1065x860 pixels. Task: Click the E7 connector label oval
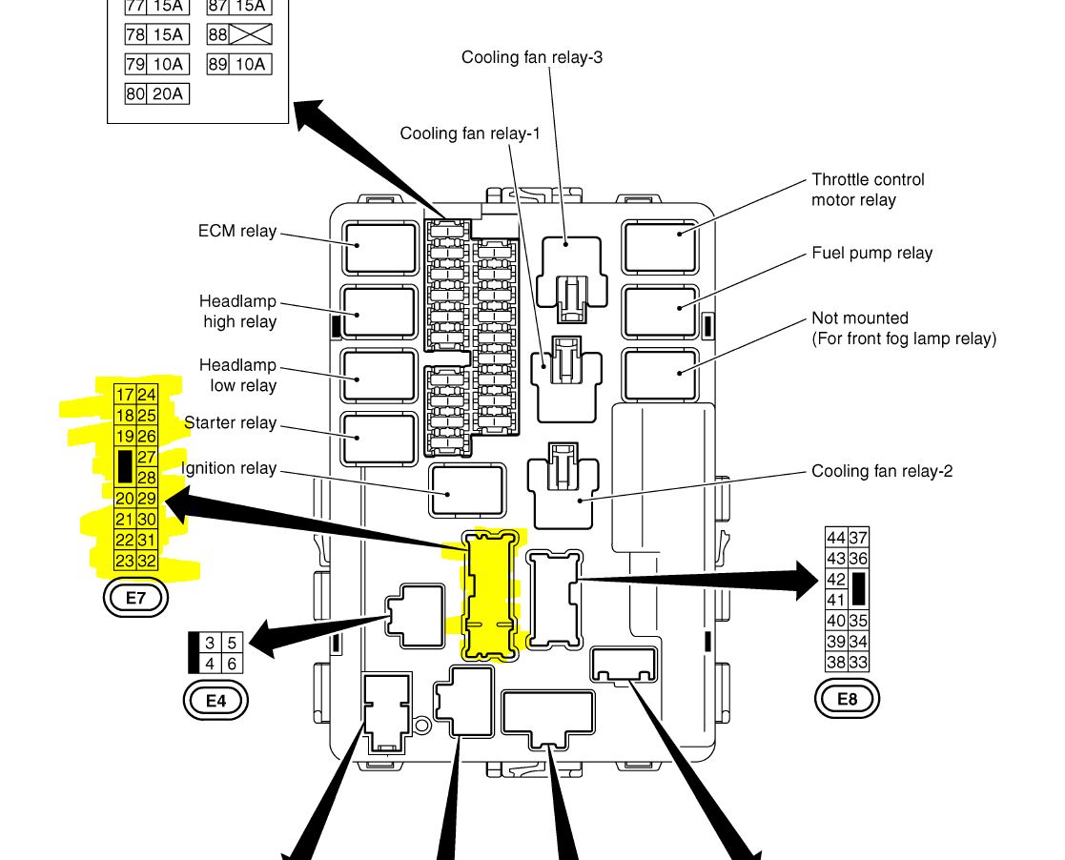click(134, 599)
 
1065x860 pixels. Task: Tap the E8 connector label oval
click(847, 699)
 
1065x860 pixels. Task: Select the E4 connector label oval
click(215, 701)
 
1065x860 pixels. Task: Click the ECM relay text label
click(237, 231)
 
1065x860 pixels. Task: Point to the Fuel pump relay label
click(871, 253)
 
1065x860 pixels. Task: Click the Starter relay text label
click(230, 422)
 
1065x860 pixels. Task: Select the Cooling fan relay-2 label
click(882, 471)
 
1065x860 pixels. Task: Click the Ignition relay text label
click(229, 468)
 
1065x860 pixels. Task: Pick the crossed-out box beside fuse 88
click(251, 34)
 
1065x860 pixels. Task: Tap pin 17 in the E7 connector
click(125, 395)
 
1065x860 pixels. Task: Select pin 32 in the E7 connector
click(147, 561)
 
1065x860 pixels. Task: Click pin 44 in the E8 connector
click(836, 538)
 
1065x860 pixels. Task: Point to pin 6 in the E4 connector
click(232, 664)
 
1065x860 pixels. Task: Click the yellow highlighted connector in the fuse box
click(493, 595)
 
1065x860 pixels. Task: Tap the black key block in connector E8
click(858, 589)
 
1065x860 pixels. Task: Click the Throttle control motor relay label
click(868, 190)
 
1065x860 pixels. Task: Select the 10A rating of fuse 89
click(251, 64)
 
